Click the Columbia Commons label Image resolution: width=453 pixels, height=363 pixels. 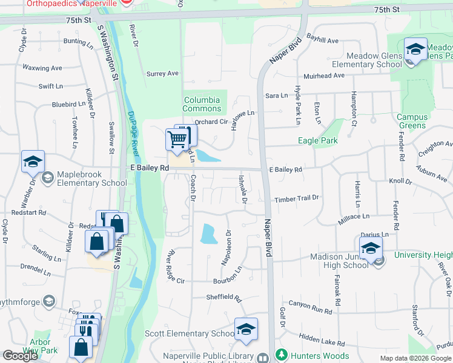(202, 104)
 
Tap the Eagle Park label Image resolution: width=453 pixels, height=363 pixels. (318, 141)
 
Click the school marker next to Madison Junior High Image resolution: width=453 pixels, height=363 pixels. (371, 247)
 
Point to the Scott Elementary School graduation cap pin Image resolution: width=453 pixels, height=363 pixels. (246, 329)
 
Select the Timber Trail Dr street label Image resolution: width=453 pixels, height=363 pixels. (296, 198)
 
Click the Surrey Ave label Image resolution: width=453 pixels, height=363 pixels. (162, 74)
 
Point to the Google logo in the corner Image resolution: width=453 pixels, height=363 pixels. (20, 356)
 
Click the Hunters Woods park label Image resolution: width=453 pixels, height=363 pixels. (320, 356)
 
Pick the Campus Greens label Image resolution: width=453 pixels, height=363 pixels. (412, 121)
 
